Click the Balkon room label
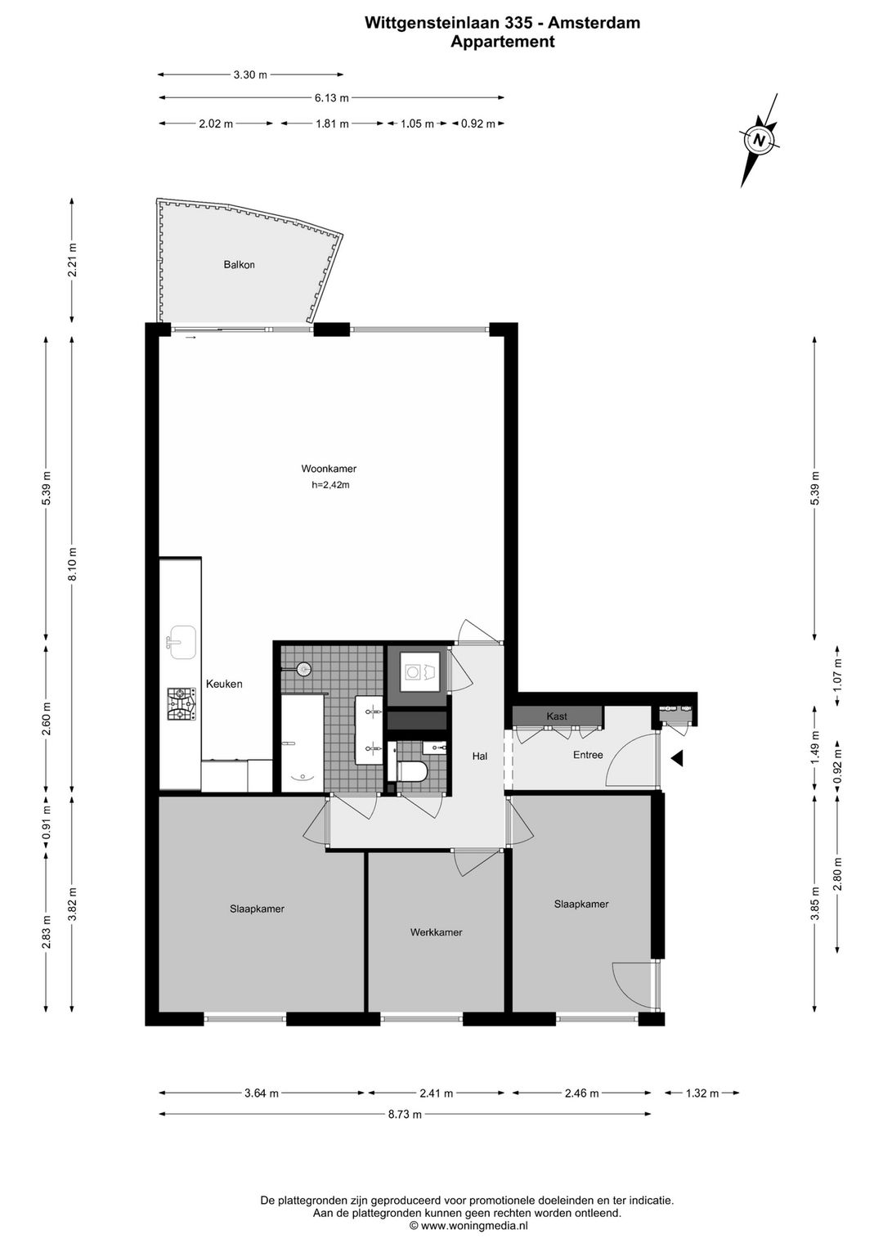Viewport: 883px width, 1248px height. [239, 265]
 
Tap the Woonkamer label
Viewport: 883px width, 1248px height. [329, 469]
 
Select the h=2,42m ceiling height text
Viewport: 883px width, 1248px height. [330, 485]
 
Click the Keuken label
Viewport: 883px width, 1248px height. [224, 684]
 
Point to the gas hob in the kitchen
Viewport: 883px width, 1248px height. [181, 705]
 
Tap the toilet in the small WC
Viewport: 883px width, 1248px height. [411, 771]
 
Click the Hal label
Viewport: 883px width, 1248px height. [480, 756]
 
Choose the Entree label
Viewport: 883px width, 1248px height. [588, 755]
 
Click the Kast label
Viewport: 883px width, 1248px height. [557, 716]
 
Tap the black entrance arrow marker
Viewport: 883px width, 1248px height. [677, 757]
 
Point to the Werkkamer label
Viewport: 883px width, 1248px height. [437, 932]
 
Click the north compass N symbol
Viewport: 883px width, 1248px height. [759, 140]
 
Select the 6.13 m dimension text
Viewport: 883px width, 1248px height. [331, 98]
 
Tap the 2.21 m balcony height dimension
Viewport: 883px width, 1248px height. [73, 260]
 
